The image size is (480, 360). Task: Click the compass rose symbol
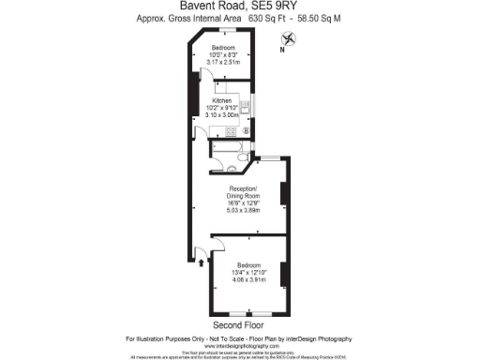click(x=289, y=38)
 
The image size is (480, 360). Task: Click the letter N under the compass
click(x=282, y=53)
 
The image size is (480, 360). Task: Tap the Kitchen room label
click(x=222, y=99)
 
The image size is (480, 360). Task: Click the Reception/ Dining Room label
click(x=243, y=192)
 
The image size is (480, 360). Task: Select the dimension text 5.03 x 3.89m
click(x=243, y=210)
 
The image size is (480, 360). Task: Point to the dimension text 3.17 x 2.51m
click(x=222, y=62)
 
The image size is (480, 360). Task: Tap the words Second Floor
click(x=240, y=324)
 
